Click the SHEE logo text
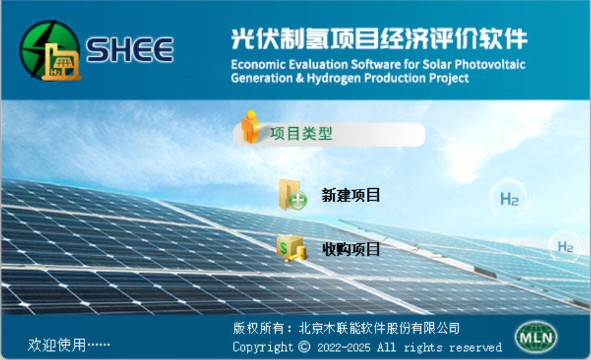point(130,49)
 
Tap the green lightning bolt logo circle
point(49,49)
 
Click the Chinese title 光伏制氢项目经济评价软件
point(379,39)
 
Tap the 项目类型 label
point(301,134)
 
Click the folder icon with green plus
point(292,195)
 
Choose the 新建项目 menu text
point(351,195)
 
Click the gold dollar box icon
point(291,249)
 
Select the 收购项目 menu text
point(351,249)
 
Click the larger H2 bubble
point(509,199)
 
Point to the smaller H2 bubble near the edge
point(565,247)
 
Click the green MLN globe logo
point(536,337)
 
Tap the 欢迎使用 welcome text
point(56,344)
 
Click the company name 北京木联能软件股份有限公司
point(379,328)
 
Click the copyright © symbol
point(304,346)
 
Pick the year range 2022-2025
point(344,347)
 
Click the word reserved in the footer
point(475,347)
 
